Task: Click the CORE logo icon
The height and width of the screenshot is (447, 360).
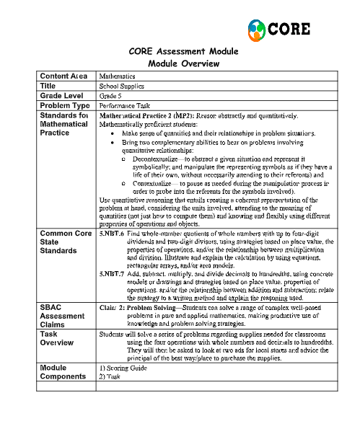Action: pyautogui.click(x=257, y=29)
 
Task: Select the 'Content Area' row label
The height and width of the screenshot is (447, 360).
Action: pyautogui.click(x=63, y=76)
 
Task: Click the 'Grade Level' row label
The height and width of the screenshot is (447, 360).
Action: pyautogui.click(x=62, y=94)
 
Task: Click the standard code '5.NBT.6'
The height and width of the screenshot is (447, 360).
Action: pyautogui.click(x=111, y=215)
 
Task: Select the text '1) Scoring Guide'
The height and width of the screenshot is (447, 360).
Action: pyautogui.click(x=123, y=369)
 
